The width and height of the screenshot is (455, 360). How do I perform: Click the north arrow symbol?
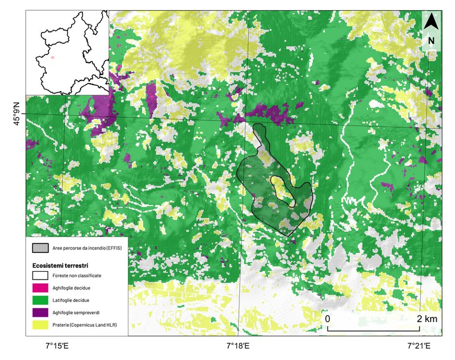click(432, 22)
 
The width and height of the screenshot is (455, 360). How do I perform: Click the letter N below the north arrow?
click(431, 41)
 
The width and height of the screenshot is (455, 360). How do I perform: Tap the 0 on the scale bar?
click(328, 319)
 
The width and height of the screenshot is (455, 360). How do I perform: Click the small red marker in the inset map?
click(53, 57)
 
